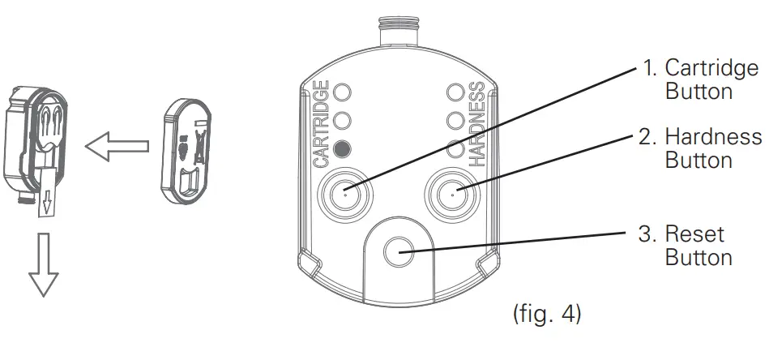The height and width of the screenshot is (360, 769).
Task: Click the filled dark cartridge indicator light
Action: pos(343,149)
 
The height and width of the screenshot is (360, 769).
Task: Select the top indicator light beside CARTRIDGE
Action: pos(343,91)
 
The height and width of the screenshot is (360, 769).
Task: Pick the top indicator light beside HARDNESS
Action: pos(455,91)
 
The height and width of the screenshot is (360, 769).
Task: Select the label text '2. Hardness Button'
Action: pos(700,148)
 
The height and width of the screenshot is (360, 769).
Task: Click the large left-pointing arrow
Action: pos(117,148)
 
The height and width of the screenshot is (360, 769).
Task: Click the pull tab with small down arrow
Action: pos(47,201)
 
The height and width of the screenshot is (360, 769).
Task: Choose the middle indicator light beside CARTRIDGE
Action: pos(343,119)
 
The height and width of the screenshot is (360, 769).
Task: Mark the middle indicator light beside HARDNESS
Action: pos(455,119)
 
